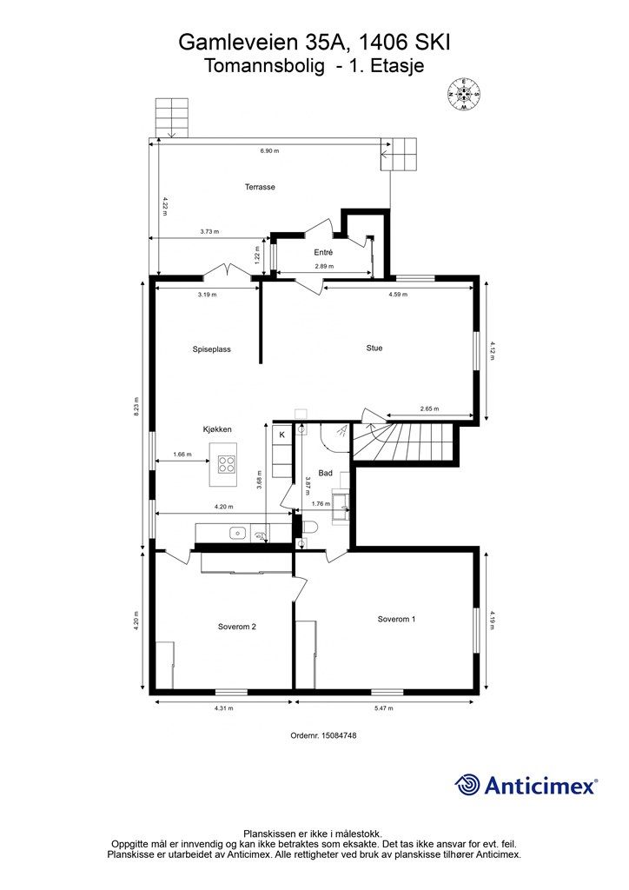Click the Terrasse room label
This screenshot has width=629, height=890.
260,187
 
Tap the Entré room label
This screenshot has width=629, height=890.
323,253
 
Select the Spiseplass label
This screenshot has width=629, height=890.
212,349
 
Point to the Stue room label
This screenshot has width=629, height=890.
374,348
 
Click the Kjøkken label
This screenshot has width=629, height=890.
217,429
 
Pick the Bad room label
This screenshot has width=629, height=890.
326,473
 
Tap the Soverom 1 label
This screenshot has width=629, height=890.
396,619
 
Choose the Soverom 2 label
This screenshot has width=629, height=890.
237,628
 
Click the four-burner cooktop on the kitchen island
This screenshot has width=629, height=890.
227,464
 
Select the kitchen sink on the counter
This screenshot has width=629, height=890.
237,533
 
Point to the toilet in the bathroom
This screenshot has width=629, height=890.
309,528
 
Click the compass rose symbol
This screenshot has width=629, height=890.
464,94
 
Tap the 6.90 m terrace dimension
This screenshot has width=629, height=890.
269,151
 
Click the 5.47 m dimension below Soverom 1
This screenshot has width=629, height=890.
384,708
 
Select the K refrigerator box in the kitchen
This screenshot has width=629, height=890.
281,435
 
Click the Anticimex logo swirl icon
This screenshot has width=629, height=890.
467,785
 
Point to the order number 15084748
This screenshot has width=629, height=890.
323,735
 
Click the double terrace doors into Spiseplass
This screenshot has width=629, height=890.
228,272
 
